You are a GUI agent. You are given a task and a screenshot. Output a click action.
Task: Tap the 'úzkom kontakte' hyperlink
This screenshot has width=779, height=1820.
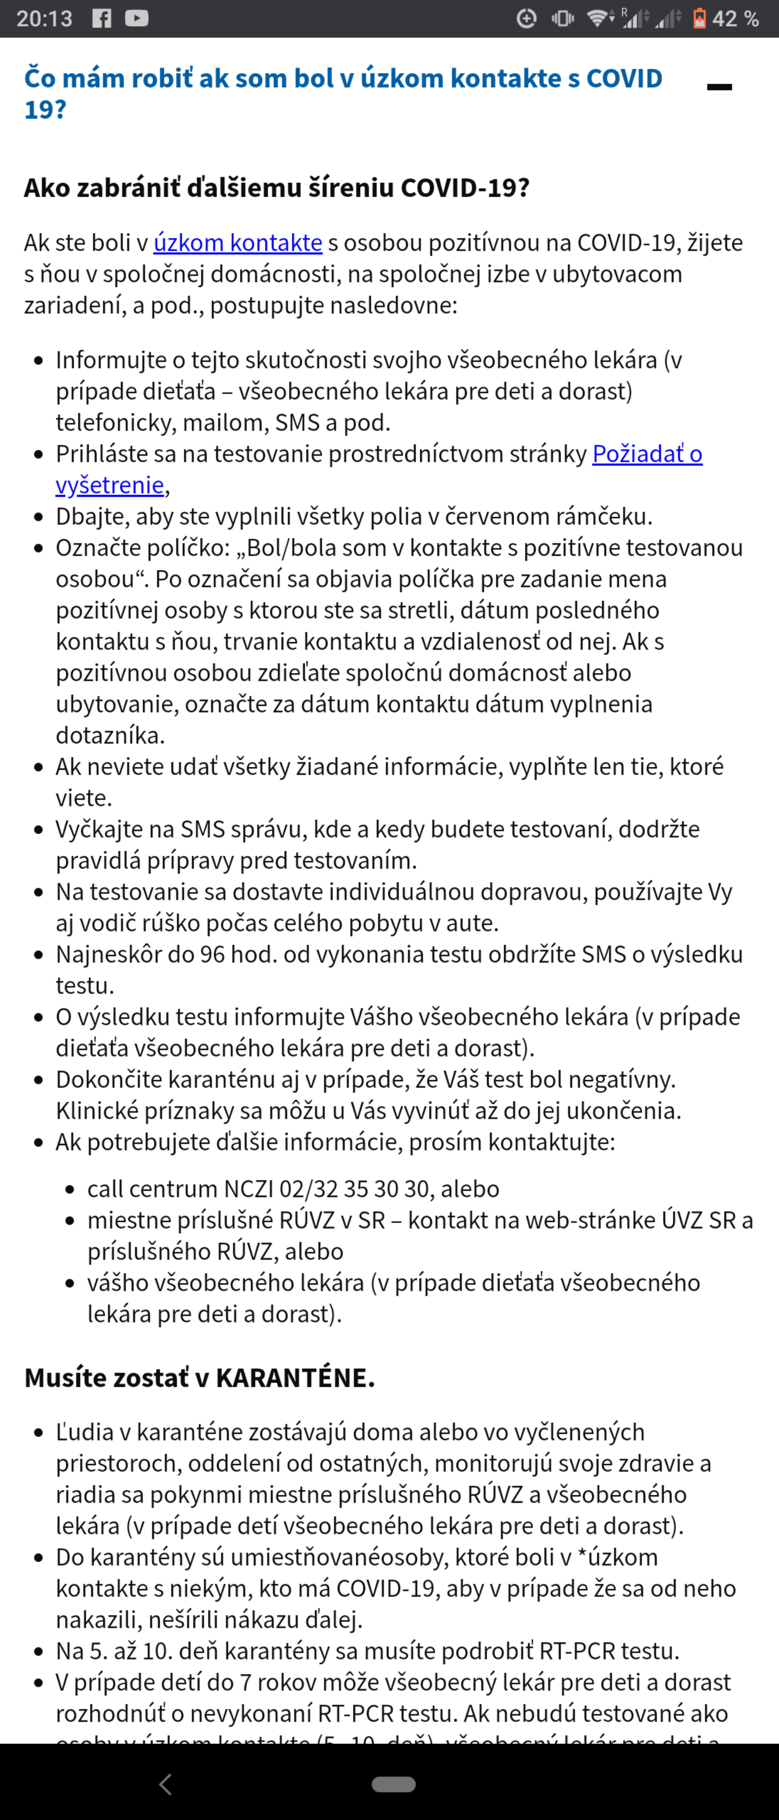pos(237,242)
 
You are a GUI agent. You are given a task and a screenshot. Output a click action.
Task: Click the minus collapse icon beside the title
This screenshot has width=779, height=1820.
pos(719,87)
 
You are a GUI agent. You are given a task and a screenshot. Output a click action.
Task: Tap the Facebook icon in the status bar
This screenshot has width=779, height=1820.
pos(102,18)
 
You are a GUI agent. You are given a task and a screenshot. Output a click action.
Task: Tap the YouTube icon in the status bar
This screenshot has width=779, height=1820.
pos(136,18)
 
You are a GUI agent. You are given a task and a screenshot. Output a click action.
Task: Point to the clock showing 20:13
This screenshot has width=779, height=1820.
pos(44,18)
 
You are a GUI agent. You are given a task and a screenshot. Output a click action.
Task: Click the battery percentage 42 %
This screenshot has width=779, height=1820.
pos(735,18)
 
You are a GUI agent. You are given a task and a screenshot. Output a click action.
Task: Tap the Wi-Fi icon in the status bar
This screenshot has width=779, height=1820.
pos(599,18)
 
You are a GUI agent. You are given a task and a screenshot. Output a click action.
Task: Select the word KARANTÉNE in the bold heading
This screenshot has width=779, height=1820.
pos(295,1378)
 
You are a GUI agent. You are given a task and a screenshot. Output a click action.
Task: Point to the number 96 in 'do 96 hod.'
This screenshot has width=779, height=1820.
pos(212,955)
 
